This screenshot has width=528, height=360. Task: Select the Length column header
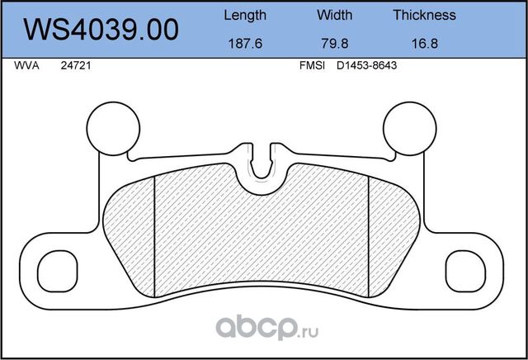tap(245, 15)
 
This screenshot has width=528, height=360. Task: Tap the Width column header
tap(334, 15)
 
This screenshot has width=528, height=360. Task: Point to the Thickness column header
tap(424, 15)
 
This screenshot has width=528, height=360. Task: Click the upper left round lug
tap(114, 126)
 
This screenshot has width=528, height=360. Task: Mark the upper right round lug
tap(411, 126)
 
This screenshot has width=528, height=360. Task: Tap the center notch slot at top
tap(262, 160)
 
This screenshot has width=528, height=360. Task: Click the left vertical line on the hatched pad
tap(156, 235)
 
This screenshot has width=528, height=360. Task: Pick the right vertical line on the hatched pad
tap(368, 235)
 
